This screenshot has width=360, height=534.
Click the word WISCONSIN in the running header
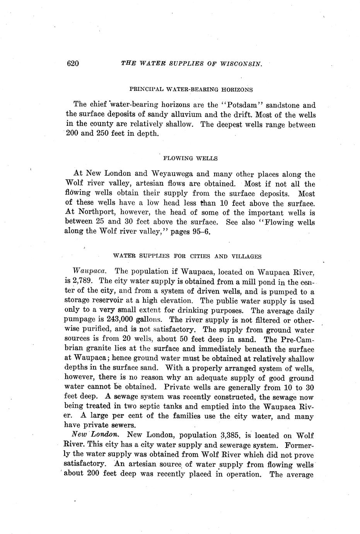pos(243,64)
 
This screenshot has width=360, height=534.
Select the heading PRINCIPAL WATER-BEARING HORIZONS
pos(191,89)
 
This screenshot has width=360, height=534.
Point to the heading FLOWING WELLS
pos(191,158)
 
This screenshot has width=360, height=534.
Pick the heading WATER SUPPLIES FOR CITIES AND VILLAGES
pos(187,256)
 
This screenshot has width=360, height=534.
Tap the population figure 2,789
pos(80,281)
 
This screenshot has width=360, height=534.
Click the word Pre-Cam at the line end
pos(297,340)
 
